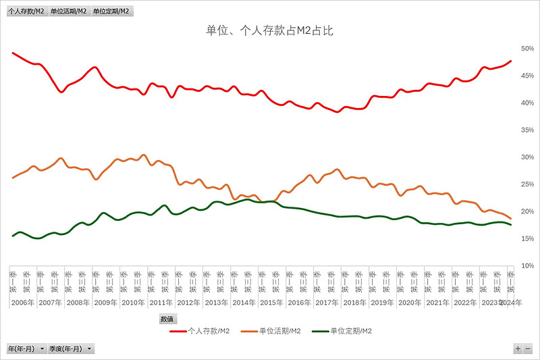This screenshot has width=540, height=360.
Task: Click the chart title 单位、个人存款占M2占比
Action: (269, 30)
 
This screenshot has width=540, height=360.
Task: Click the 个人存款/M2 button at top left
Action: (27, 11)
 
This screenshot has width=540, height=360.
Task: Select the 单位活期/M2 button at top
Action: (68, 11)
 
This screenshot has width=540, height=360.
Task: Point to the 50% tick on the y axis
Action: (527, 49)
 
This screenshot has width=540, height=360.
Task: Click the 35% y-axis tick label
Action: (527, 130)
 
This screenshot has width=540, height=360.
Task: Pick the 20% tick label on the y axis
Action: (527, 211)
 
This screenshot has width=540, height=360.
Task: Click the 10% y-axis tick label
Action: (527, 265)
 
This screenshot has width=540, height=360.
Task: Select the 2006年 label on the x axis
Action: (23, 303)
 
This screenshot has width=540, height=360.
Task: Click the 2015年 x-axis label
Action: (271, 303)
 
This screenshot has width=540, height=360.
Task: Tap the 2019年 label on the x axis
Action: (382, 303)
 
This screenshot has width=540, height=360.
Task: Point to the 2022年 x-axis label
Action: (465, 303)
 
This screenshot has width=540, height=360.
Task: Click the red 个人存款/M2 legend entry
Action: (200, 331)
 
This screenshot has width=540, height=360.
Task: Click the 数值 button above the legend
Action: (167, 319)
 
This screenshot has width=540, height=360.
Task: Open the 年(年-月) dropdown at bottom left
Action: (27, 349)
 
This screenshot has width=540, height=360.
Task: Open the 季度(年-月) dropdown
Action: (72, 349)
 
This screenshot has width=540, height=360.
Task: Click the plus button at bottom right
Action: (518, 349)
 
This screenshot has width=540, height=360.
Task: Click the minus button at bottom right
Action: (528, 349)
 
